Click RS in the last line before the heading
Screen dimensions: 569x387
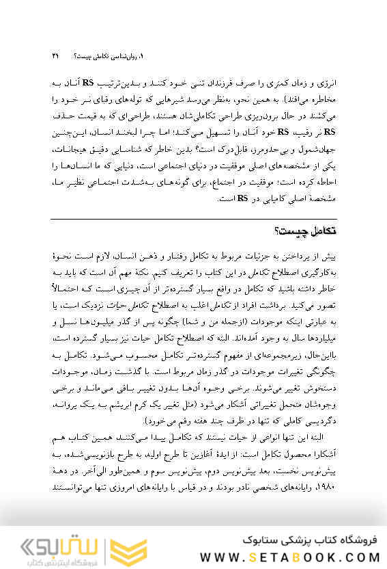tap(242, 198)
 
